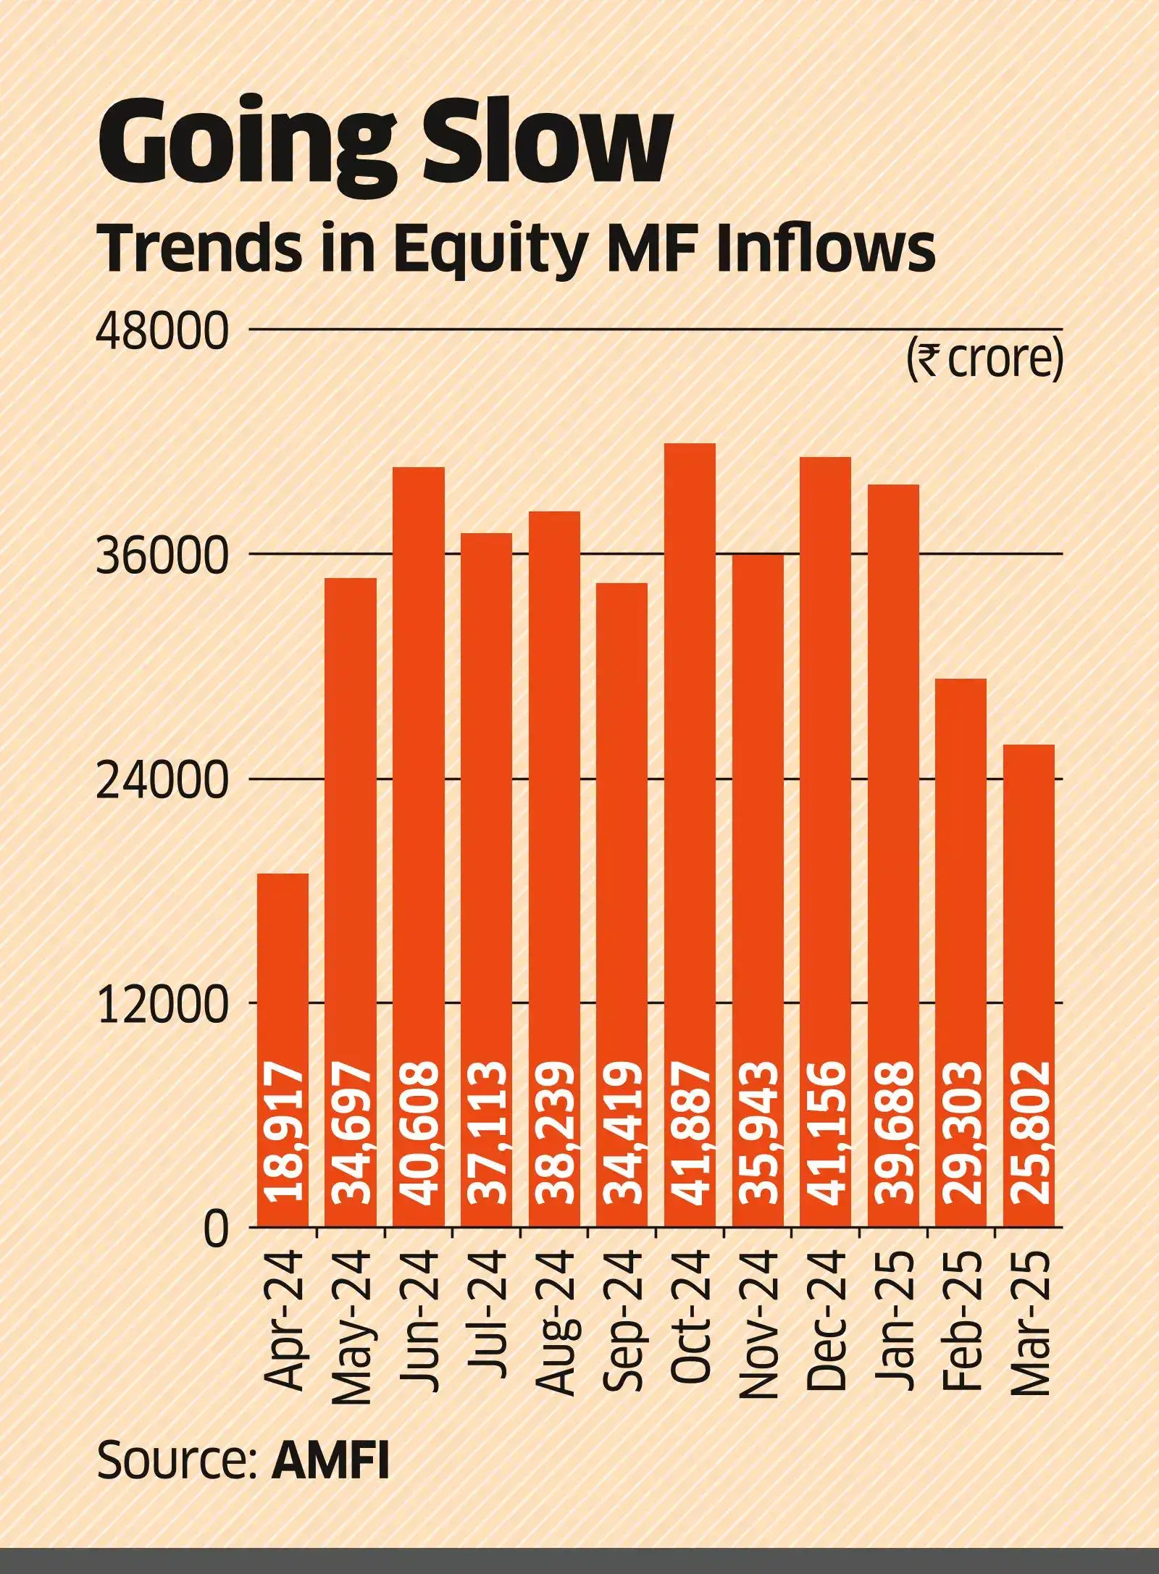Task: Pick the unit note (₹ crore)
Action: point(984,359)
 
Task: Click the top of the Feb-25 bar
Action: point(961,680)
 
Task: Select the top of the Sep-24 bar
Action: point(622,585)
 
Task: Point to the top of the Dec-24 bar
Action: point(825,459)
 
